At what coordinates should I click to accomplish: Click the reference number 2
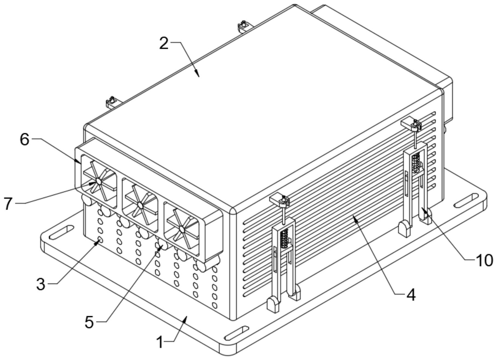(x=164, y=44)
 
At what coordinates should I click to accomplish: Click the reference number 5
(x=89, y=322)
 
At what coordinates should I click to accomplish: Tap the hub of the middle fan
(x=140, y=205)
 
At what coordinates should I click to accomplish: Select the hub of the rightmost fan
(x=182, y=228)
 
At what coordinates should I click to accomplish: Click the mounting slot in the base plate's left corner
(x=62, y=232)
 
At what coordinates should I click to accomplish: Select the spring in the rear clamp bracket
(x=416, y=163)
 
